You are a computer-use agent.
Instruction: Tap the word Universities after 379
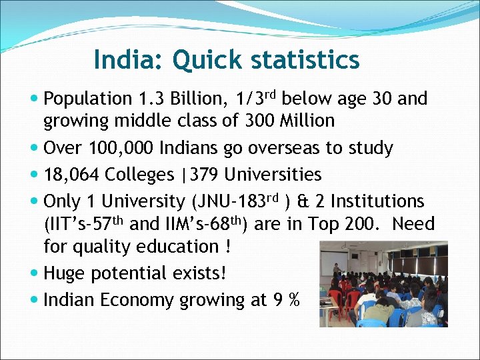pos(273,175)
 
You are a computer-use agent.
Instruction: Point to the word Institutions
pos(378,201)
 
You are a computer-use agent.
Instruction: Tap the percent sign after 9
pos(293,300)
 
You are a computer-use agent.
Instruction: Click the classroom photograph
pos(383,284)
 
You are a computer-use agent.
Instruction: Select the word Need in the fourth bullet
pos(413,225)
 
